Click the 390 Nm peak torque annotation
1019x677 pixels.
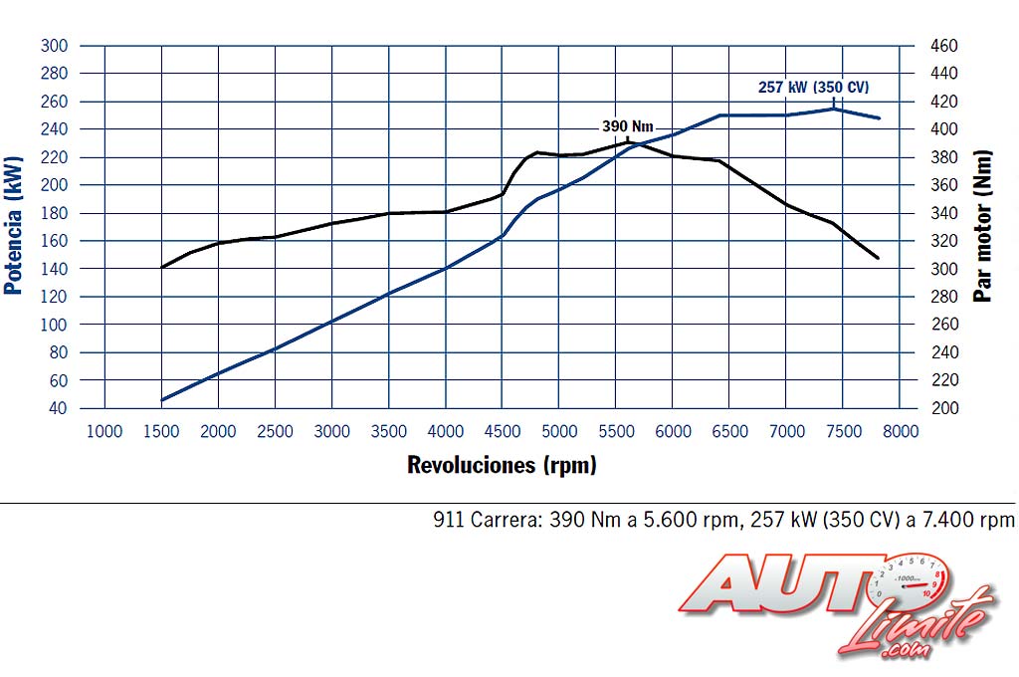pyautogui.click(x=627, y=126)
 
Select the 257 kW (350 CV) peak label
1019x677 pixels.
pyautogui.click(x=813, y=87)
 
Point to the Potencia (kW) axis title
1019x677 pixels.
pyautogui.click(x=13, y=226)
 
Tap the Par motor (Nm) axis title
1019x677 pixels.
pyautogui.click(x=983, y=226)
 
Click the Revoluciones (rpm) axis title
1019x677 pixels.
pyautogui.click(x=502, y=465)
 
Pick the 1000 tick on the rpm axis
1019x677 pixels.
pyautogui.click(x=104, y=431)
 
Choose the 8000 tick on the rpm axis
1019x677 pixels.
pyautogui.click(x=901, y=431)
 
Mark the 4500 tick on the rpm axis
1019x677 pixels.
pyautogui.click(x=503, y=431)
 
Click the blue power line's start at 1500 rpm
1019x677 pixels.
pyautogui.click(x=162, y=400)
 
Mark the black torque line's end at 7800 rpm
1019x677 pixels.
pyautogui.click(x=879, y=258)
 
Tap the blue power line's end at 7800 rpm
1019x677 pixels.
pyautogui.click(x=879, y=117)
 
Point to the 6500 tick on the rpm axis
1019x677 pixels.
pyautogui.click(x=730, y=431)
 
